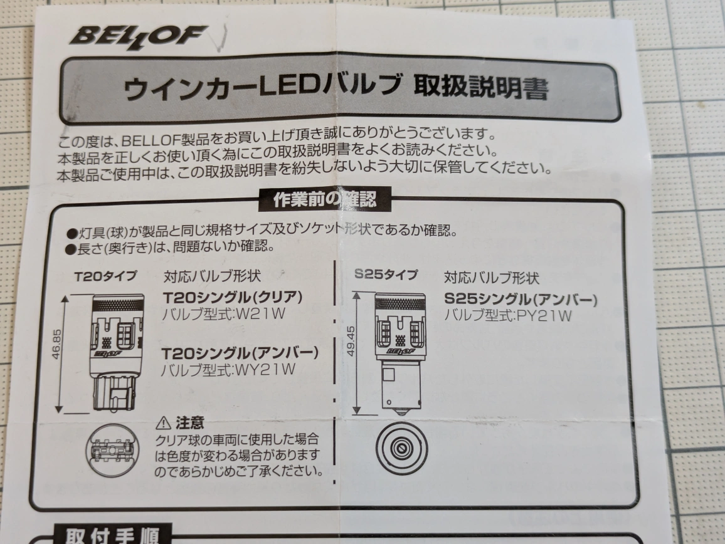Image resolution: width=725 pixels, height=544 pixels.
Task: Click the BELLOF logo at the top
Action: [x=138, y=36]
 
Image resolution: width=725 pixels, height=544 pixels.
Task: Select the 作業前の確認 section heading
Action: [x=325, y=199]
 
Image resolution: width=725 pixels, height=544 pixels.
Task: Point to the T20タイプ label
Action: [x=106, y=276]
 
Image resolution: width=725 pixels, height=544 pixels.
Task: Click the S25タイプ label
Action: [x=386, y=275]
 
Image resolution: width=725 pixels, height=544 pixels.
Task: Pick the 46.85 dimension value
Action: [x=56, y=344]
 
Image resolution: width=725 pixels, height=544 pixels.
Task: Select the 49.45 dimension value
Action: [x=351, y=341]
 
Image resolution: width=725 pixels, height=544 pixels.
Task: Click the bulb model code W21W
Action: [x=260, y=314]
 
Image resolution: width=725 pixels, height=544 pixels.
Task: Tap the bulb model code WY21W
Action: [x=265, y=370]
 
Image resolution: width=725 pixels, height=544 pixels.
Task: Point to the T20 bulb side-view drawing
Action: [x=116, y=352]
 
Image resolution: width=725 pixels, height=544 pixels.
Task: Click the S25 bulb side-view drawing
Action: [x=401, y=351]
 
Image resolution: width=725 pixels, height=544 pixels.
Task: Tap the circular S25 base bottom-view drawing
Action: [x=401, y=447]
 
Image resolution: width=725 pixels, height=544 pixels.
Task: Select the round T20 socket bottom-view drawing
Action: [x=112, y=450]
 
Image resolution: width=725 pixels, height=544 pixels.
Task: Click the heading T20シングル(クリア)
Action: [x=233, y=297]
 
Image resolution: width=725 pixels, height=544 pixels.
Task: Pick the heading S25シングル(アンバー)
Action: [x=521, y=300]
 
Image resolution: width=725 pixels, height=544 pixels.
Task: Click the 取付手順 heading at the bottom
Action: [x=112, y=535]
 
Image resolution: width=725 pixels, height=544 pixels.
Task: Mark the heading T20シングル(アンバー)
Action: [x=240, y=353]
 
